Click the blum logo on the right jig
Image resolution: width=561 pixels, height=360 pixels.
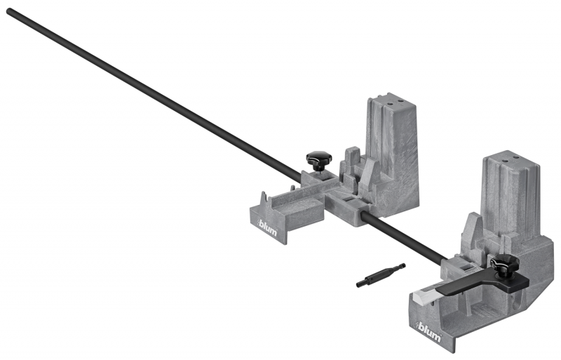tap(428, 332)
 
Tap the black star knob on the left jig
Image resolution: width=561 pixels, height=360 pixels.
tap(319, 160)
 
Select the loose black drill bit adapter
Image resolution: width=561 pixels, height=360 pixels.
tap(381, 276)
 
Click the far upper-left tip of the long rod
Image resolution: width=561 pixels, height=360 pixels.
tap(8, 11)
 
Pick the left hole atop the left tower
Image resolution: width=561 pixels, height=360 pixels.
tap(391, 102)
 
